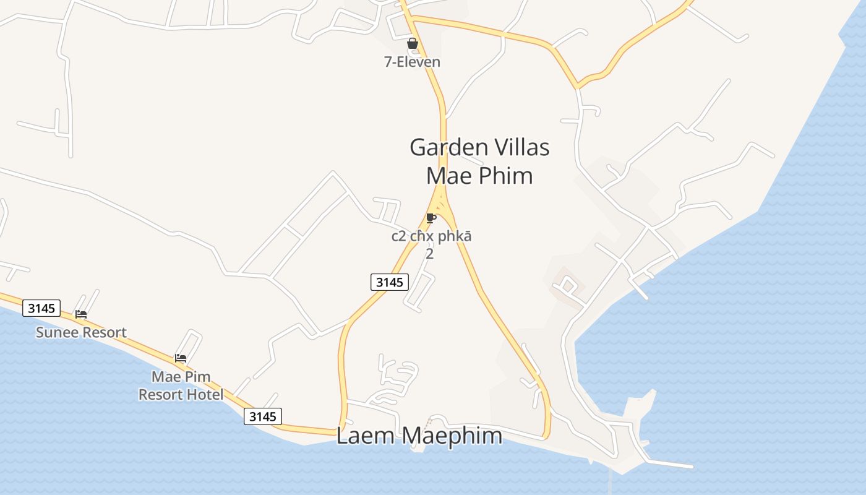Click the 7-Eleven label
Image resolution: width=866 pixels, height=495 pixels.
(413, 62)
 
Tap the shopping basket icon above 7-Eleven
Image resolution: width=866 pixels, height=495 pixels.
(413, 43)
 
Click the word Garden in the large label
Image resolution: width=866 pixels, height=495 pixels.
(447, 148)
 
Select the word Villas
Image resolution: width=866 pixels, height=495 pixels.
(520, 148)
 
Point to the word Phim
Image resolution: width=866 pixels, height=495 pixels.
(505, 176)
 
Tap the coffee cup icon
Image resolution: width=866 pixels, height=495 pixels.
(431, 218)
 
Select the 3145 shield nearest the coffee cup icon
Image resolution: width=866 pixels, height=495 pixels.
(390, 282)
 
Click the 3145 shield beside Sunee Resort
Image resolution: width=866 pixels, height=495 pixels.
(41, 308)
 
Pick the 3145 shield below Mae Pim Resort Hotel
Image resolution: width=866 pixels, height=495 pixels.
(263, 416)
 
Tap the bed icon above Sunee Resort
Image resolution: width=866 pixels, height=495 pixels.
(81, 314)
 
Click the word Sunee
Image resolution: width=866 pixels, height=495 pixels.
(58, 332)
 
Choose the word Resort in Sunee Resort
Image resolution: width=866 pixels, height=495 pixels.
(105, 332)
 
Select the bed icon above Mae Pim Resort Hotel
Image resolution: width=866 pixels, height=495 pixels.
(181, 358)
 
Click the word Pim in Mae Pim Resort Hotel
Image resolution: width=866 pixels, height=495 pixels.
(200, 377)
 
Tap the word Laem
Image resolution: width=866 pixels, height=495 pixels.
(365, 436)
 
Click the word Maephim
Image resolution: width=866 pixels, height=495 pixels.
(451, 436)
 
